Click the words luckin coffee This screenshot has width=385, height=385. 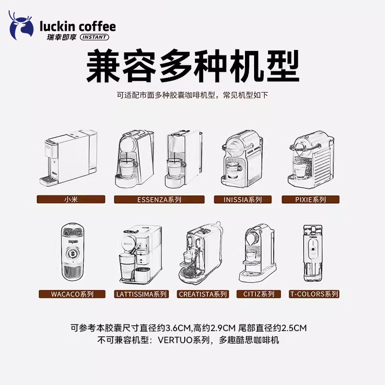tap(77, 26)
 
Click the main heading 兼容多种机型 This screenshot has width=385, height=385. tap(192, 67)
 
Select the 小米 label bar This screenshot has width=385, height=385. tap(71, 199)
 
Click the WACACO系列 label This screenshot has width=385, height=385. tap(72, 294)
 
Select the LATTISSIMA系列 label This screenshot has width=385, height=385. tap(141, 294)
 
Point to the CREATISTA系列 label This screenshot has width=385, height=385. tap(203, 294)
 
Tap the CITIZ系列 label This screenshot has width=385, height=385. tap(258, 294)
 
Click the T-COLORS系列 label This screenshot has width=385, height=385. tap(314, 294)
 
